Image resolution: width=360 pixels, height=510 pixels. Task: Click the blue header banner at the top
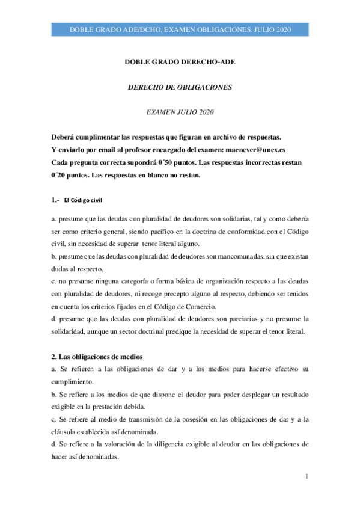click(x=180, y=30)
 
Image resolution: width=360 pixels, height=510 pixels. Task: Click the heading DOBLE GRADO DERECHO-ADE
click(x=180, y=62)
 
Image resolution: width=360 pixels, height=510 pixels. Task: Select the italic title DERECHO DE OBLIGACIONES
click(x=180, y=87)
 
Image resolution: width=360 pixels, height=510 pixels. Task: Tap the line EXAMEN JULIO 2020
click(x=180, y=112)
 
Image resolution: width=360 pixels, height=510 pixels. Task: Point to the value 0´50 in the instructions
click(x=185, y=163)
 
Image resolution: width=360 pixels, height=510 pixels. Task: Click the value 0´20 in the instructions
click(x=62, y=176)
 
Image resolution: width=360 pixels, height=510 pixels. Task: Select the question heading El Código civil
click(x=86, y=200)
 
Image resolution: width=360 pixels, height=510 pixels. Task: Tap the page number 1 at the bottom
click(x=307, y=477)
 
